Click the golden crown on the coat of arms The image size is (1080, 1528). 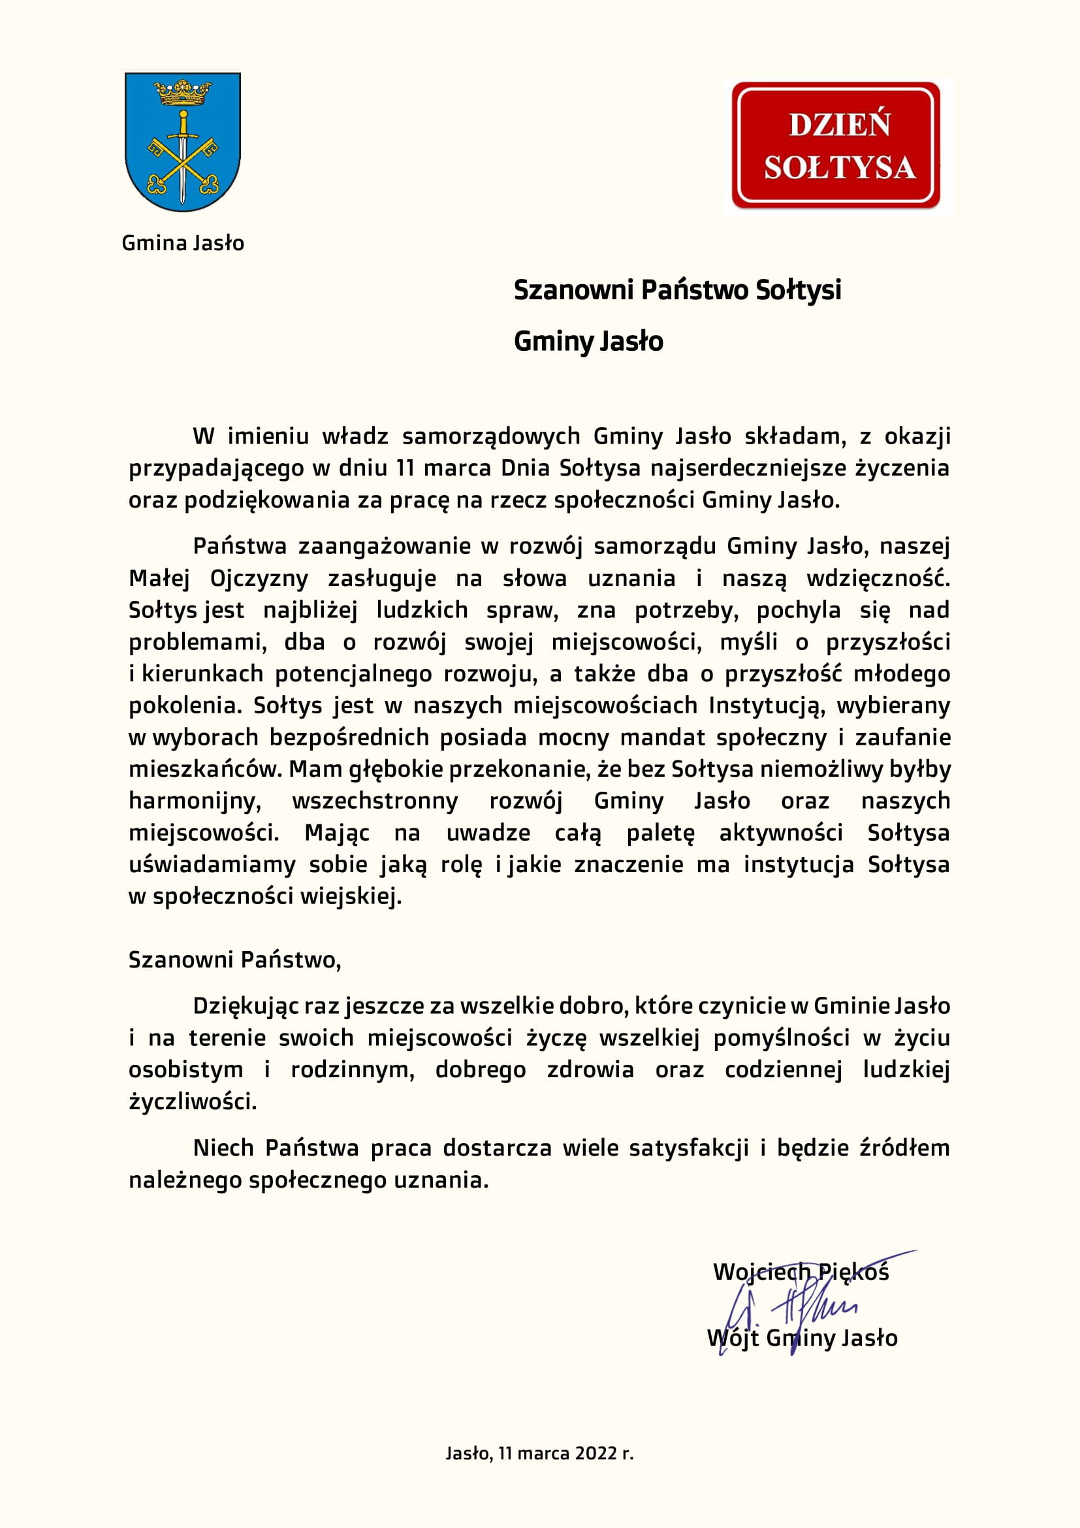click(182, 93)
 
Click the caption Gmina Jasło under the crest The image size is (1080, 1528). click(183, 243)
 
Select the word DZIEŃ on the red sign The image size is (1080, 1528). click(839, 125)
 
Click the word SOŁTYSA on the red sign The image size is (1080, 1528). click(839, 167)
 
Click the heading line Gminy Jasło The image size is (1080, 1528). click(588, 342)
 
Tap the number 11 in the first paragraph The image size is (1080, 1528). click(405, 468)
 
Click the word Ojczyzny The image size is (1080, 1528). click(259, 578)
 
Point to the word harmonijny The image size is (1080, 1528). click(195, 801)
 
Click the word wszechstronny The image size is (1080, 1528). click(375, 801)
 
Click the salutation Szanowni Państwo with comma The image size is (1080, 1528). click(235, 960)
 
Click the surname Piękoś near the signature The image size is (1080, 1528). click(853, 1272)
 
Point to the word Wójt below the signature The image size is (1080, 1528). click(732, 1338)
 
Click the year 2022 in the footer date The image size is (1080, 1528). click(597, 1454)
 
